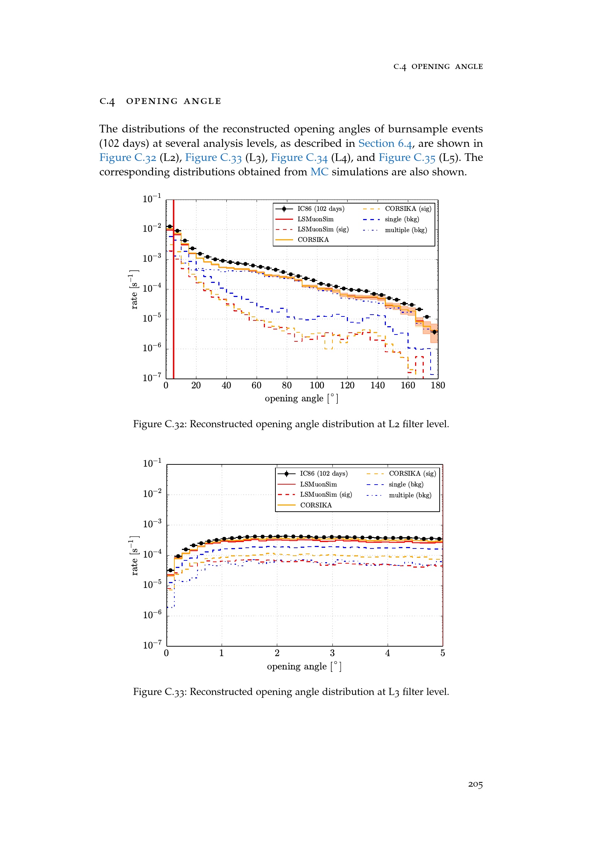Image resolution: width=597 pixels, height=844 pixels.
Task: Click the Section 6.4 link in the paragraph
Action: click(x=385, y=143)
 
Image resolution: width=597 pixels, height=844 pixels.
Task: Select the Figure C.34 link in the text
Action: click(x=299, y=158)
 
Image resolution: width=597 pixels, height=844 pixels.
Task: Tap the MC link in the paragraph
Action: click(x=319, y=172)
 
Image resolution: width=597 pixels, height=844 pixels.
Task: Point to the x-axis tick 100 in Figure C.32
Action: click(x=317, y=385)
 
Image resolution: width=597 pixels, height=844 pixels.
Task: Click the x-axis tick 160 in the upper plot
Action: click(x=408, y=385)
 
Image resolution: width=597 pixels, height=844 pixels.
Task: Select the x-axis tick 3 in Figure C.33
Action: click(x=332, y=653)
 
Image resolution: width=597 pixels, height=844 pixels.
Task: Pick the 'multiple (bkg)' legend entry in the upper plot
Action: click(x=406, y=230)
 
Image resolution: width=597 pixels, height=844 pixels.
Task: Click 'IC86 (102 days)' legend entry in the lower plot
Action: click(x=323, y=473)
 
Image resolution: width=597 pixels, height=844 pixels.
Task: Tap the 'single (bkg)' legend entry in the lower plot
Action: click(x=406, y=485)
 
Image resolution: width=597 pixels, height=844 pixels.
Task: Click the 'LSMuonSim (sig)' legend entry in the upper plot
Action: click(x=323, y=229)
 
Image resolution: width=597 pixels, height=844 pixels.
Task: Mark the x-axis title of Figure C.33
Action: click(x=304, y=666)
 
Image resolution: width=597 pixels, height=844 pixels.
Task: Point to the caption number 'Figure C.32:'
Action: click(x=160, y=424)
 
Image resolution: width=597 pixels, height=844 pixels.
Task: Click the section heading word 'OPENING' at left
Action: click(x=152, y=101)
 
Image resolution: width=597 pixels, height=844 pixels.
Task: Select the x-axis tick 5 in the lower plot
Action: click(x=443, y=653)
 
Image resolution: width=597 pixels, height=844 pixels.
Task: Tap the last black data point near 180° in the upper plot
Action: click(x=435, y=332)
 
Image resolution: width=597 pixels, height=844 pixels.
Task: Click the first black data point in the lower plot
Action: click(x=170, y=570)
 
